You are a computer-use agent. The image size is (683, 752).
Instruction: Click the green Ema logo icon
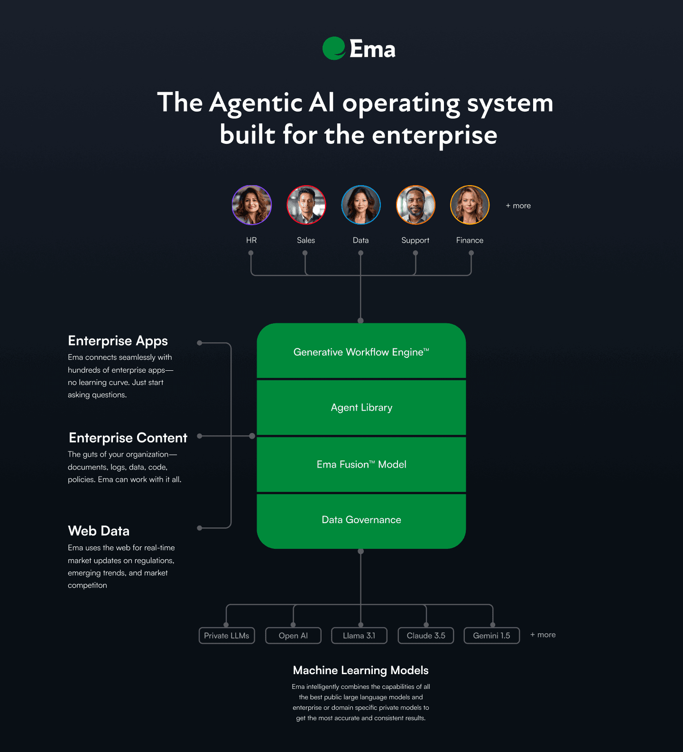pos(334,48)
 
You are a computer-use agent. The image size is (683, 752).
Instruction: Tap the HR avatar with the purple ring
pos(252,205)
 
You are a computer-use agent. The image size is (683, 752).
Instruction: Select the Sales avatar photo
pos(306,205)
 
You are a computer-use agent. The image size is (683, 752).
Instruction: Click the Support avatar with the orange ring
pos(415,205)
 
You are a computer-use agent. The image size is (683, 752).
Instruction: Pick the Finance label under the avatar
pos(470,240)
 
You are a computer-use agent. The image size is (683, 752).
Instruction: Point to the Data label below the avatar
pos(360,240)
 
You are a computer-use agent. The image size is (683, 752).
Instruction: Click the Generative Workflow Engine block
pos(361,351)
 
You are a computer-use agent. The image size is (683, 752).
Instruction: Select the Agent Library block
pos(361,407)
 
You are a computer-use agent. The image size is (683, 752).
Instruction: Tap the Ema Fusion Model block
pos(361,464)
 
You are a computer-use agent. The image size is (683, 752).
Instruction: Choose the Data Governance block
pos(361,521)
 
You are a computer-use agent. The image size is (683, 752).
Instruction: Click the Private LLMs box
pos(227,636)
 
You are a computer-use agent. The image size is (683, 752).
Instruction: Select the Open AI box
pos(293,636)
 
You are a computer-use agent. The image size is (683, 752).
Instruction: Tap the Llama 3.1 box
pos(359,636)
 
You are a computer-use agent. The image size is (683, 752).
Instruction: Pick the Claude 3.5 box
pos(426,636)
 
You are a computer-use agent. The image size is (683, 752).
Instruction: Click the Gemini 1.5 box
pos(492,636)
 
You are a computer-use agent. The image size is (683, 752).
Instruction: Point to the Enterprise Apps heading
pos(118,341)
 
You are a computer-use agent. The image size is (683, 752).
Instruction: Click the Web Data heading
pos(99,531)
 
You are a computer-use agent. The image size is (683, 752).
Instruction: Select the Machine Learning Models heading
pos(361,670)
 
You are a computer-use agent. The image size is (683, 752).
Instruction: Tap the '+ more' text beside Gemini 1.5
pos(543,635)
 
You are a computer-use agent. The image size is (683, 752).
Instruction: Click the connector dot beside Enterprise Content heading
pos(200,436)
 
